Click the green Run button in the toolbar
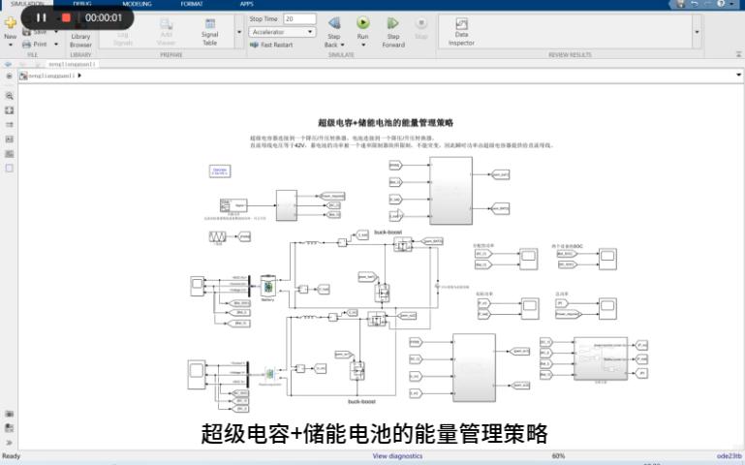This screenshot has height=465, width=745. (363, 23)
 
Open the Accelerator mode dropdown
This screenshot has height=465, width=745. (282, 32)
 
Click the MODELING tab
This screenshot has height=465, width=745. (137, 4)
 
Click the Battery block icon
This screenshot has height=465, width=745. (267, 286)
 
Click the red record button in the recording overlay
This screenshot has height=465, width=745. (66, 17)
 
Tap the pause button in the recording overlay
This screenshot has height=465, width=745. (42, 17)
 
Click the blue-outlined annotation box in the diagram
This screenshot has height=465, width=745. (220, 171)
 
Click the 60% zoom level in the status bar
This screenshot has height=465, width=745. (558, 455)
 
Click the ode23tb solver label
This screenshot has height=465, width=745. (729, 455)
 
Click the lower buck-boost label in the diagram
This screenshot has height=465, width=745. (361, 400)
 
